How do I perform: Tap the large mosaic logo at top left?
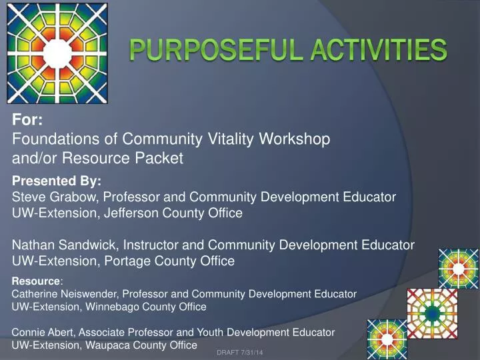51,51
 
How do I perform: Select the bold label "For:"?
28,121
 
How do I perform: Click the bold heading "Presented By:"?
57,181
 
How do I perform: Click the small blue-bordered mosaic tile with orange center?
458,268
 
